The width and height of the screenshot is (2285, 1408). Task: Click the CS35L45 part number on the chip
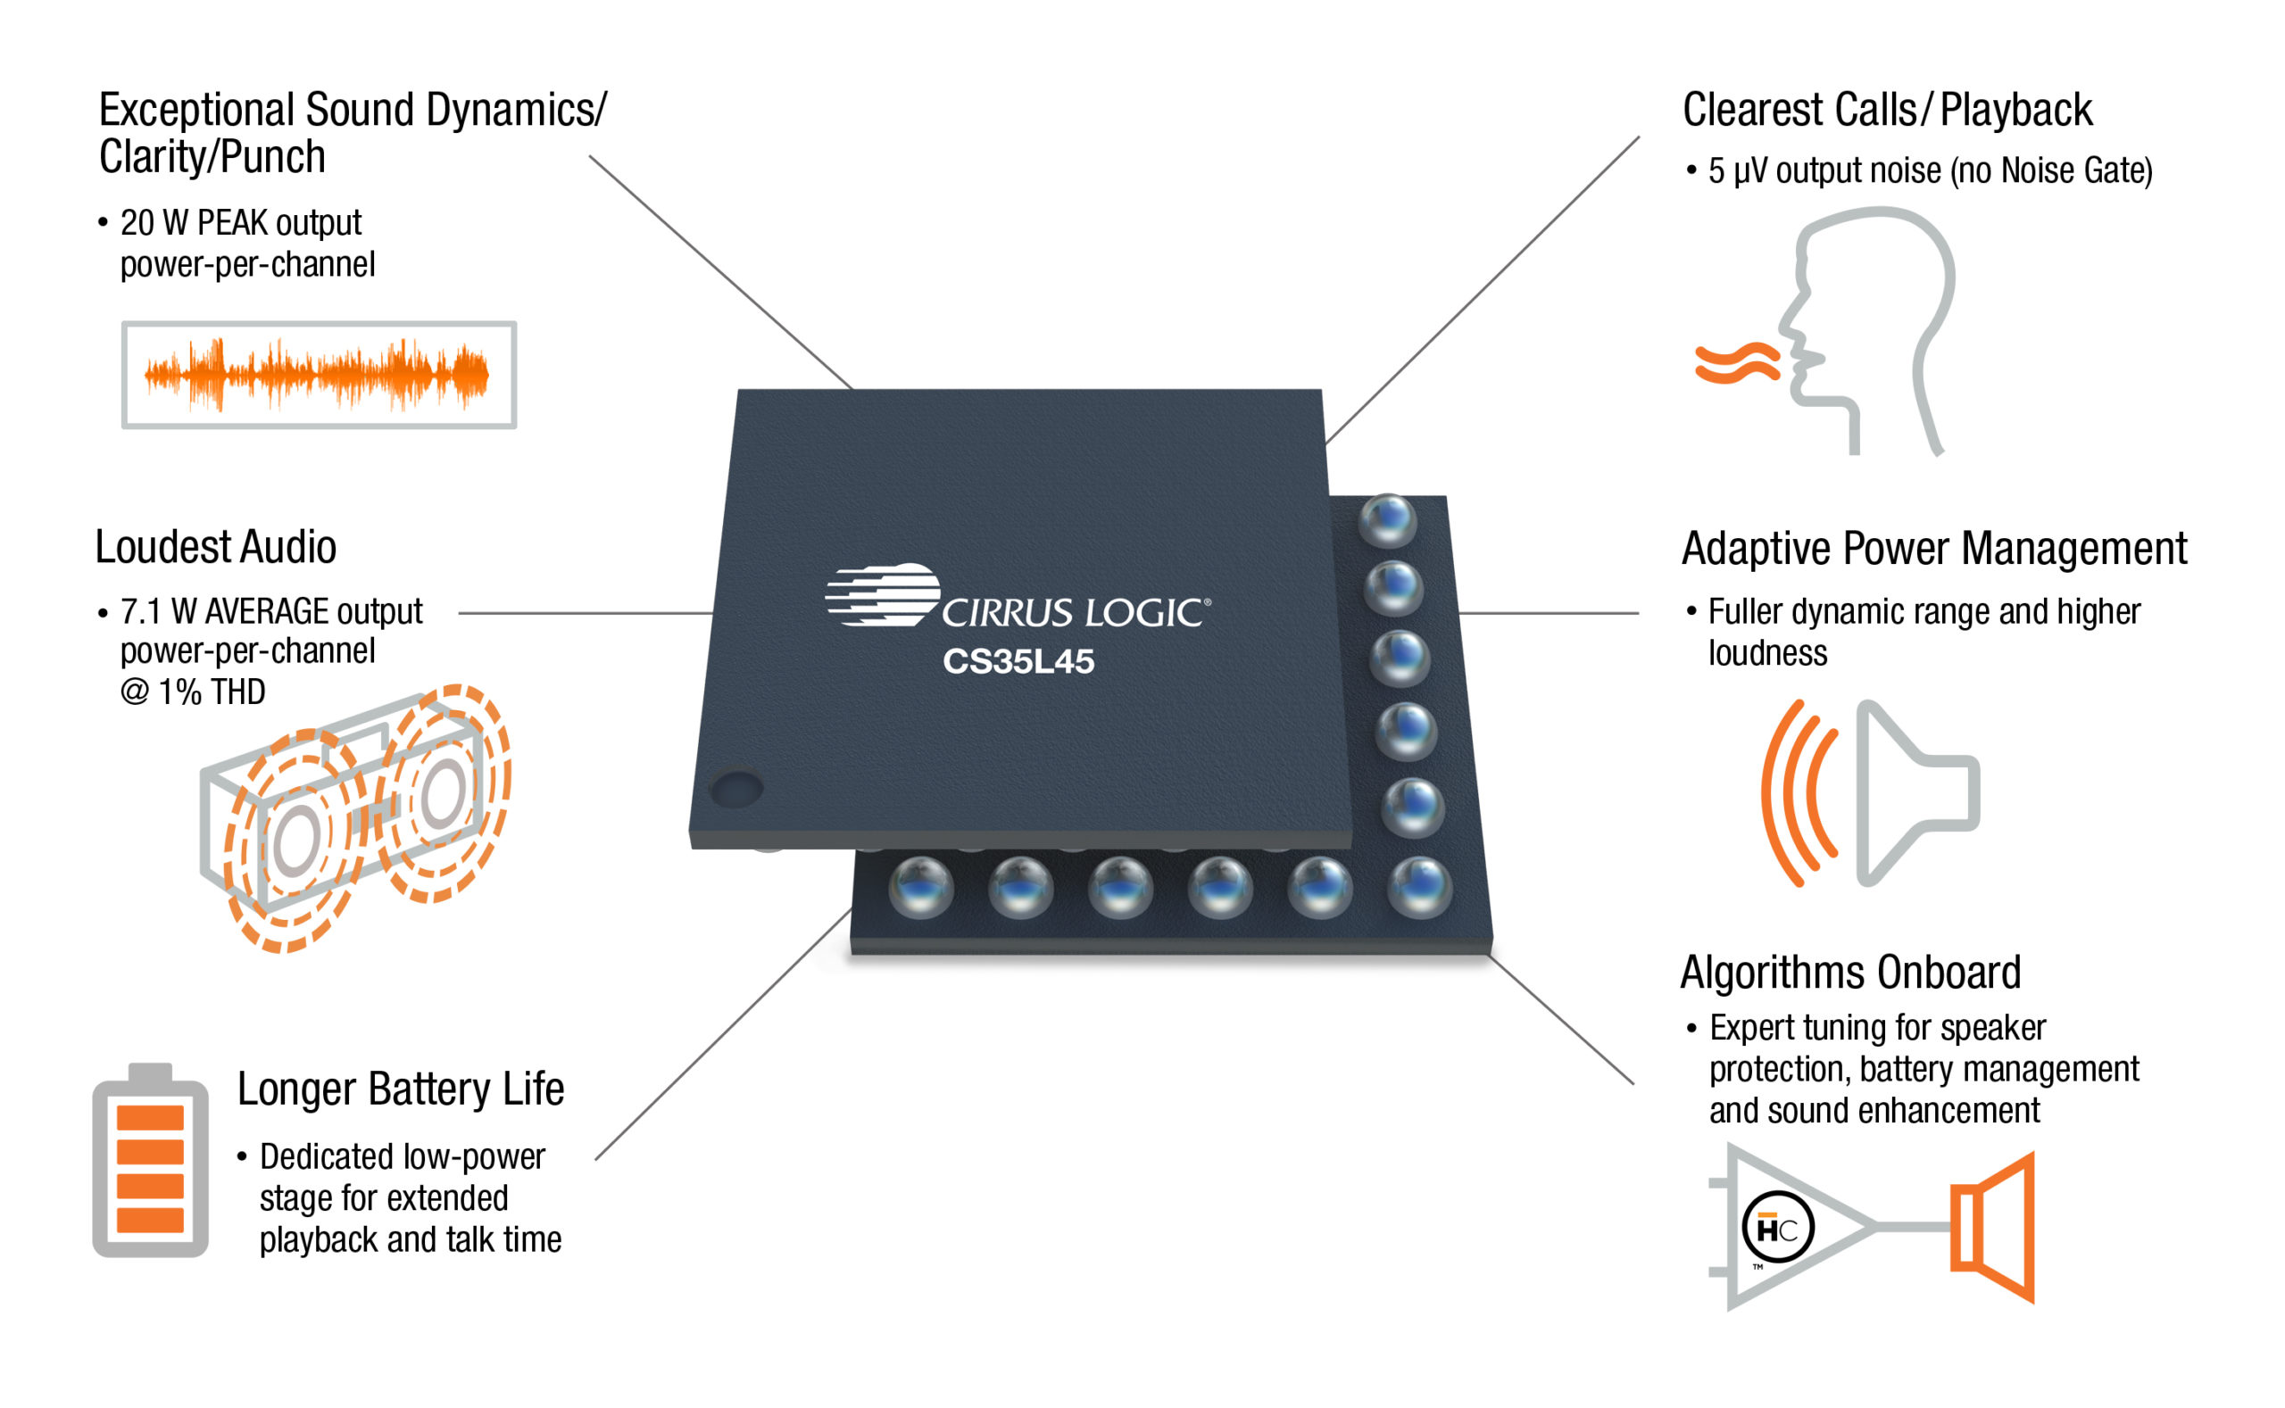click(x=1018, y=661)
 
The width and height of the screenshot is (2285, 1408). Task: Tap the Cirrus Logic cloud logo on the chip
click(x=881, y=594)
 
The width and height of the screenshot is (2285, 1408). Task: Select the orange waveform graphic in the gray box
click(x=317, y=375)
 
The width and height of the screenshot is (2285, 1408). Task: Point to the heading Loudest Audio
click(x=215, y=547)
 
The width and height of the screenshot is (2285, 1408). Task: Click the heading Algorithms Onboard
click(x=1850, y=973)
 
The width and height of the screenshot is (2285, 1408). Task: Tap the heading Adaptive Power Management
click(x=1934, y=549)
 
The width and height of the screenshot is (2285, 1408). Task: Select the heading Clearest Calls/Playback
click(x=1887, y=110)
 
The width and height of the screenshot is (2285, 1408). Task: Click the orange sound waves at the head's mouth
click(x=1736, y=363)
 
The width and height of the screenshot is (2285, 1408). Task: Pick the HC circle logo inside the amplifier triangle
click(x=1776, y=1229)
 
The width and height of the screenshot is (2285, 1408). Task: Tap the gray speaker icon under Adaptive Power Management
click(x=1909, y=792)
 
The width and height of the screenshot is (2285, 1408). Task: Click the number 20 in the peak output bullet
click(x=137, y=223)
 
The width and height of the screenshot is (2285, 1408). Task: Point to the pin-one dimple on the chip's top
click(x=735, y=789)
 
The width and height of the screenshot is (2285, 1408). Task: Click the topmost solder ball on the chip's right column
click(x=1387, y=518)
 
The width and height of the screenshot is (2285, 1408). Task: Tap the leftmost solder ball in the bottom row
click(x=920, y=888)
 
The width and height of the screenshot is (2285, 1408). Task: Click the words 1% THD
click(x=212, y=692)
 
